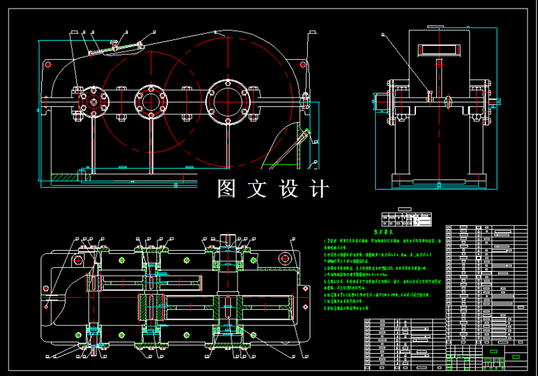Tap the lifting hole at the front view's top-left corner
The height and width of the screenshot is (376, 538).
pos(47,64)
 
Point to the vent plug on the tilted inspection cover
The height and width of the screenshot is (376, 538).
pos(115,45)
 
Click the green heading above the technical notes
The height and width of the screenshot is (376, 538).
pos(384,232)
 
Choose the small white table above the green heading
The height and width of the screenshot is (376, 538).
pos(406,217)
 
